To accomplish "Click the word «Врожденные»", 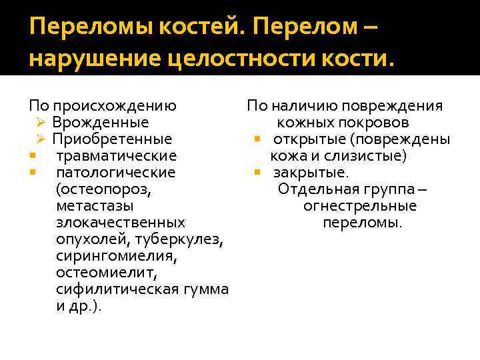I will pos(101,123).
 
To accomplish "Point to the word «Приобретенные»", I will pos(112,139).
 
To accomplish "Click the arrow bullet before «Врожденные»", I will pos(40,123).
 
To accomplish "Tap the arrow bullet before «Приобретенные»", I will pos(40,139).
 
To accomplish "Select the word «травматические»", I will pos(117,156).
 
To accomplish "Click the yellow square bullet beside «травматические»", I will pos(31,156).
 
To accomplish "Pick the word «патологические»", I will pos(116,173).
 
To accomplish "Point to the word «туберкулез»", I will pos(189,239).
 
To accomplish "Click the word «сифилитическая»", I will pos(117,289).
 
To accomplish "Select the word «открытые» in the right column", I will pos(308,139).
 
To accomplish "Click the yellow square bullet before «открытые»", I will pos(256,139).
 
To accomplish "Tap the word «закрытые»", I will pos(311,173).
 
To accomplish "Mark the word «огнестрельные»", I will pos(360,206).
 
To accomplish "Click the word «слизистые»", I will pos(369,156).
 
